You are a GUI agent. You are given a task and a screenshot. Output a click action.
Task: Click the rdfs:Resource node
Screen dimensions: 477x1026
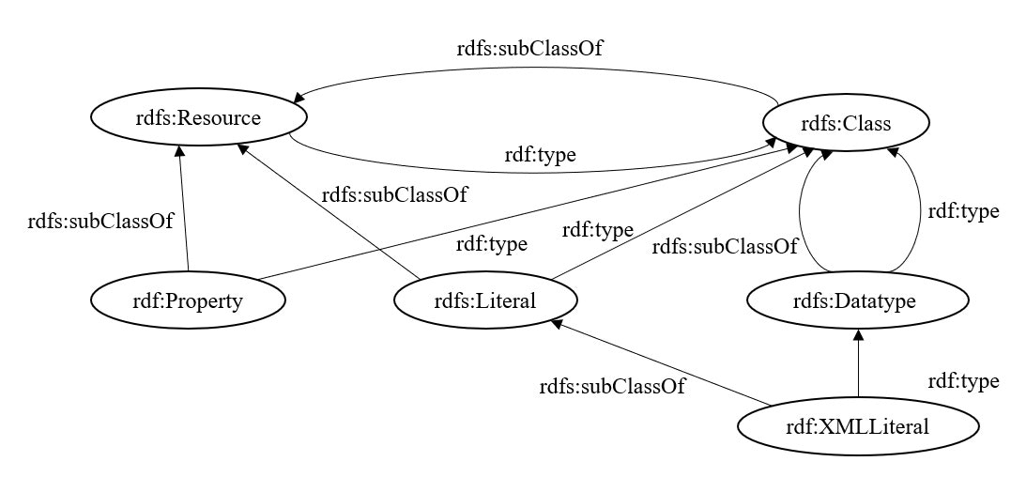199,119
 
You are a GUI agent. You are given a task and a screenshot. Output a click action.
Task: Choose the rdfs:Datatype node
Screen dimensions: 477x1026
856,300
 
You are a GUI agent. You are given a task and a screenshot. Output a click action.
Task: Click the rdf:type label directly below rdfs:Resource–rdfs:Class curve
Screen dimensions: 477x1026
535,156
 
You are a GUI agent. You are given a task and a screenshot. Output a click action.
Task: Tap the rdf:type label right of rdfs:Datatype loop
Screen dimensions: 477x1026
962,211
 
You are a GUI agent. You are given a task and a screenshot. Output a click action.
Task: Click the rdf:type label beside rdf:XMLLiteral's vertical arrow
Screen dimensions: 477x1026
962,381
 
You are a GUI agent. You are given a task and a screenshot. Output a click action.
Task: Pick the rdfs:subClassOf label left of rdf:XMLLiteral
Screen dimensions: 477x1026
611,386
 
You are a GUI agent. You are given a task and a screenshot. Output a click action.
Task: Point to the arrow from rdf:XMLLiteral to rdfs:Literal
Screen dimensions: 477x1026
662,365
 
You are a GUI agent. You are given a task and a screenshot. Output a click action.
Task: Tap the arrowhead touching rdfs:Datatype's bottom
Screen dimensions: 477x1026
857,335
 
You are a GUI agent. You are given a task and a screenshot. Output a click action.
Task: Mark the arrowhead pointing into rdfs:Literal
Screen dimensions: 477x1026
558,325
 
